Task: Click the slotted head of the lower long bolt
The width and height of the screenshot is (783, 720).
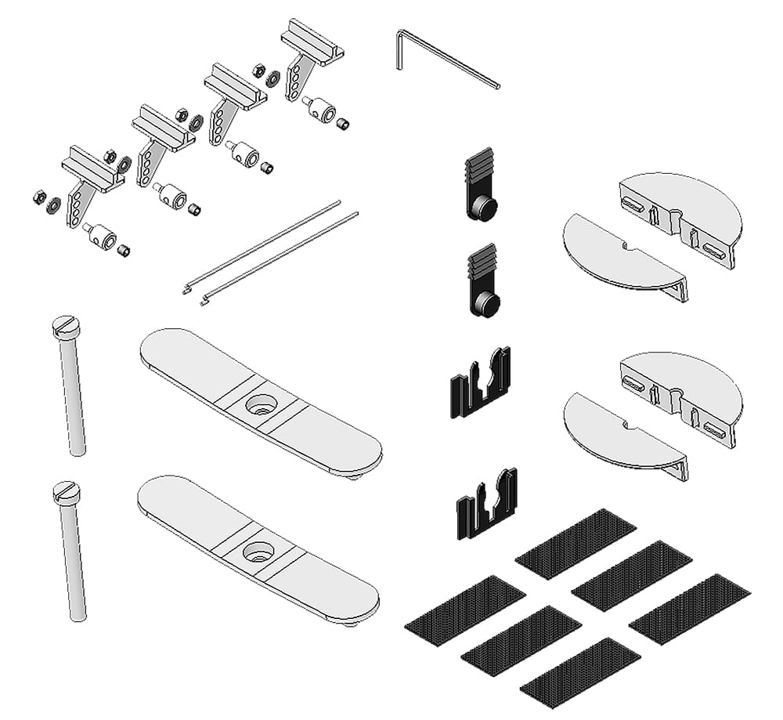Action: tap(66, 492)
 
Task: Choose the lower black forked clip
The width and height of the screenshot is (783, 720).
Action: tap(486, 505)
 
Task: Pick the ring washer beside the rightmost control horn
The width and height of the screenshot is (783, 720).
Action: tap(273, 78)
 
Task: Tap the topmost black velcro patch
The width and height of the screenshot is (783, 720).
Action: tap(576, 544)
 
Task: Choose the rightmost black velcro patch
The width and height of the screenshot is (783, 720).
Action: tap(689, 609)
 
